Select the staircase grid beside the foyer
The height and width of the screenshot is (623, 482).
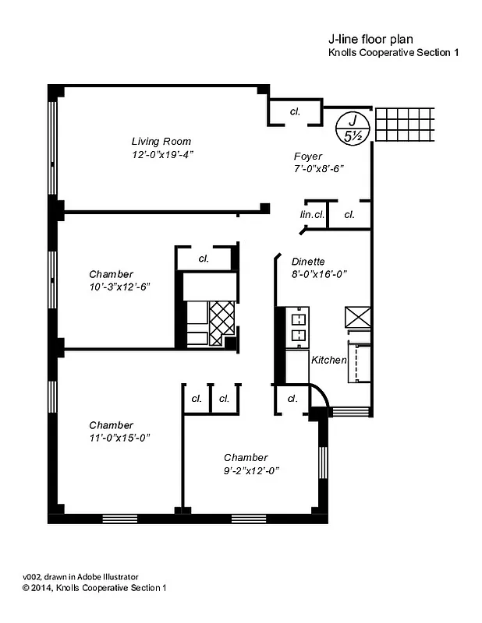(x=403, y=125)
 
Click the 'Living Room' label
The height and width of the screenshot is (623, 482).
(x=161, y=142)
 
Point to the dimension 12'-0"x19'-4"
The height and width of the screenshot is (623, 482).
(x=162, y=154)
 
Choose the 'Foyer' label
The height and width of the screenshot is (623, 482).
(x=308, y=156)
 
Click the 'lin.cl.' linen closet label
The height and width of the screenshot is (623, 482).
(x=312, y=214)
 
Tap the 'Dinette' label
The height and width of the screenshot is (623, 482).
(x=308, y=262)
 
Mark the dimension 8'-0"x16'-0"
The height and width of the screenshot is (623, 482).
(x=319, y=274)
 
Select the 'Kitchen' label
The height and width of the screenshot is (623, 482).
(x=328, y=361)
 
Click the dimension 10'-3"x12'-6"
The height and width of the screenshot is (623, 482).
(x=119, y=286)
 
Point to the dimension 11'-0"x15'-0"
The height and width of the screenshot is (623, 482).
(x=119, y=437)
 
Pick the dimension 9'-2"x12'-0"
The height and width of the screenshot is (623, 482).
(x=251, y=470)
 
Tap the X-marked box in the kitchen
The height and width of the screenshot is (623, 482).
(x=358, y=317)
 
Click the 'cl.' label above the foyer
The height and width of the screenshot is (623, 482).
(x=294, y=112)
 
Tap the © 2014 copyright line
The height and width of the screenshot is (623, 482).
(x=94, y=588)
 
